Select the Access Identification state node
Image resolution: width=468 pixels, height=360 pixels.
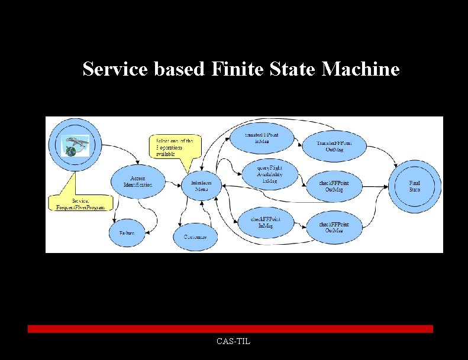pyautogui.click(x=138, y=181)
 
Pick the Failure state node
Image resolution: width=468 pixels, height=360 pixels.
pyautogui.click(x=126, y=233)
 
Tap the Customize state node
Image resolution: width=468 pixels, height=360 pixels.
pyautogui.click(x=195, y=236)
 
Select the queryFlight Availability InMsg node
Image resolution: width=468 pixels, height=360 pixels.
pyautogui.click(x=269, y=174)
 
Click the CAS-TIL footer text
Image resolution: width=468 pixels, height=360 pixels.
pyautogui.click(x=233, y=341)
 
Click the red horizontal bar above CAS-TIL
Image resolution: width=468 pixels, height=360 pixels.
pyautogui.click(x=230, y=329)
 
